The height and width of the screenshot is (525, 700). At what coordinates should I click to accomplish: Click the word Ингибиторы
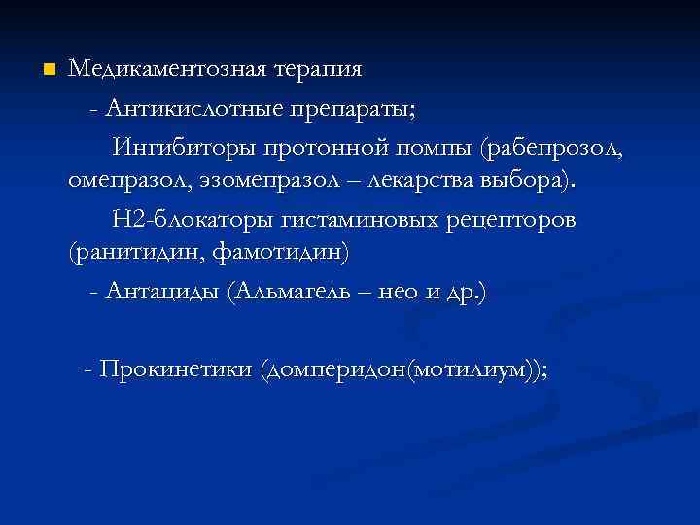[181, 149]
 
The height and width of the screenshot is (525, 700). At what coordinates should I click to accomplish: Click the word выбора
[535, 181]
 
